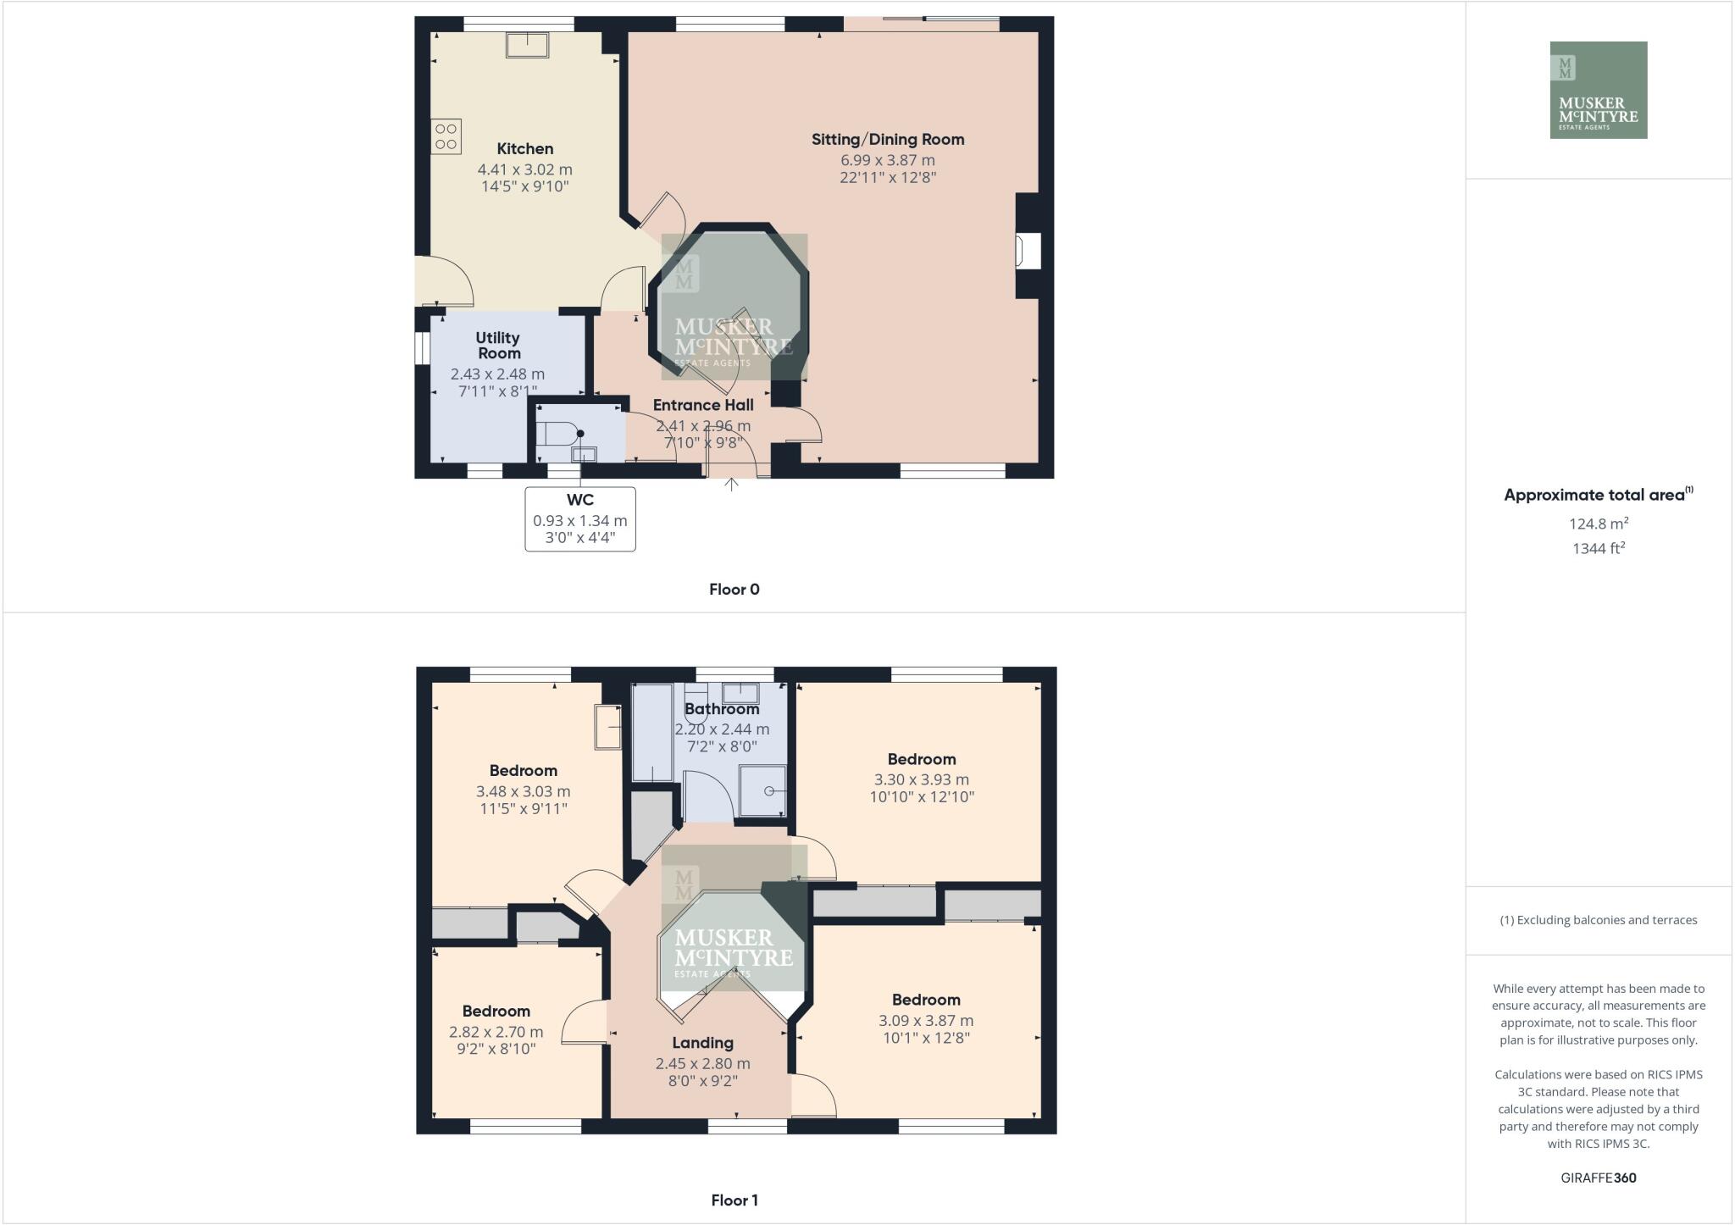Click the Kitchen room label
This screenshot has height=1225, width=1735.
tap(524, 149)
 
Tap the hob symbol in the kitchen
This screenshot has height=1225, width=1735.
tap(446, 136)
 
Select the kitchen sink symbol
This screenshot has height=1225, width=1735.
tap(527, 44)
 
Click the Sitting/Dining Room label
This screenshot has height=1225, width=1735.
tap(887, 140)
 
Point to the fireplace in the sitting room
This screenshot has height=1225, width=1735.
tap(1028, 252)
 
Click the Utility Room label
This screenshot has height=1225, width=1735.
tap(498, 346)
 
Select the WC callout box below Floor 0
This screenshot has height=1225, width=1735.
tap(580, 519)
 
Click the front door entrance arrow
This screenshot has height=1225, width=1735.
tap(732, 485)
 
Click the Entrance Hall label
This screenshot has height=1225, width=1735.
tap(703, 406)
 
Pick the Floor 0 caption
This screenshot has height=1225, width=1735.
tap(734, 590)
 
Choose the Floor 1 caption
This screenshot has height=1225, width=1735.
tap(734, 1200)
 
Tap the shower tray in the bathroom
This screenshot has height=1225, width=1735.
tap(763, 791)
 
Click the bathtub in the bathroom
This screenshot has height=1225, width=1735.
tap(651, 733)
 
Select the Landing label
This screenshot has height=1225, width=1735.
tap(702, 1044)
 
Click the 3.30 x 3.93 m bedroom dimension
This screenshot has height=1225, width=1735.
tap(922, 780)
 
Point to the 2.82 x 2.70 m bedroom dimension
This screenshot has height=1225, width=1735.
tap(496, 1033)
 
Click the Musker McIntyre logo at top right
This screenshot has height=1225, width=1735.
tap(1598, 90)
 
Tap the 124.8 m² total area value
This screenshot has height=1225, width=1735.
tap(1598, 524)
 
